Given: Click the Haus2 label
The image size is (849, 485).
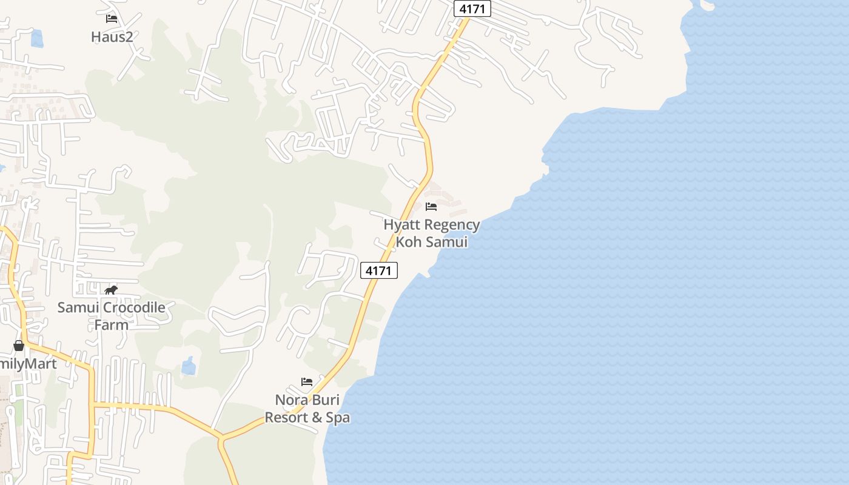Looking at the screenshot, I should coord(112,37).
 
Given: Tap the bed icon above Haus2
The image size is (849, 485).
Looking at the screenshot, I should coord(111,19).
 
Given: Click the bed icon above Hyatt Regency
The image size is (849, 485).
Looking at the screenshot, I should coord(431,207).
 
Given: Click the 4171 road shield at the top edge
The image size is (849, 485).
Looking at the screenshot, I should coord(472,9).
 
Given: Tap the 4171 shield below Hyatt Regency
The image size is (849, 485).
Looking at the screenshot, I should coord(379,270).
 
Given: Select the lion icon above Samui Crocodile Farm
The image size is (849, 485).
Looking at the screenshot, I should coord(111,290).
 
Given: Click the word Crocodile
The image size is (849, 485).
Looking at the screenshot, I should coord(132,307).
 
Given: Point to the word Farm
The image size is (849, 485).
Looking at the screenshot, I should coord(111,324).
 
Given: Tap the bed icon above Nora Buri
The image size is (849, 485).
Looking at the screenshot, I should coord(307,382).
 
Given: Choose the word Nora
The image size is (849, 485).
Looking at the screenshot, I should coord(290,400).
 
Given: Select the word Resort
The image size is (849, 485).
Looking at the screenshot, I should coord(286,418).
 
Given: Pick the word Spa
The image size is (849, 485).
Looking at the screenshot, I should coord(338,418).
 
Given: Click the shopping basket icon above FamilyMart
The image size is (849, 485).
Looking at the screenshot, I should coord(19,346).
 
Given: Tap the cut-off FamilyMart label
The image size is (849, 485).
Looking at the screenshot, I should coord(28,364).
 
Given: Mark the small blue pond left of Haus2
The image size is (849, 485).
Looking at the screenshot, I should coord(37,38).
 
